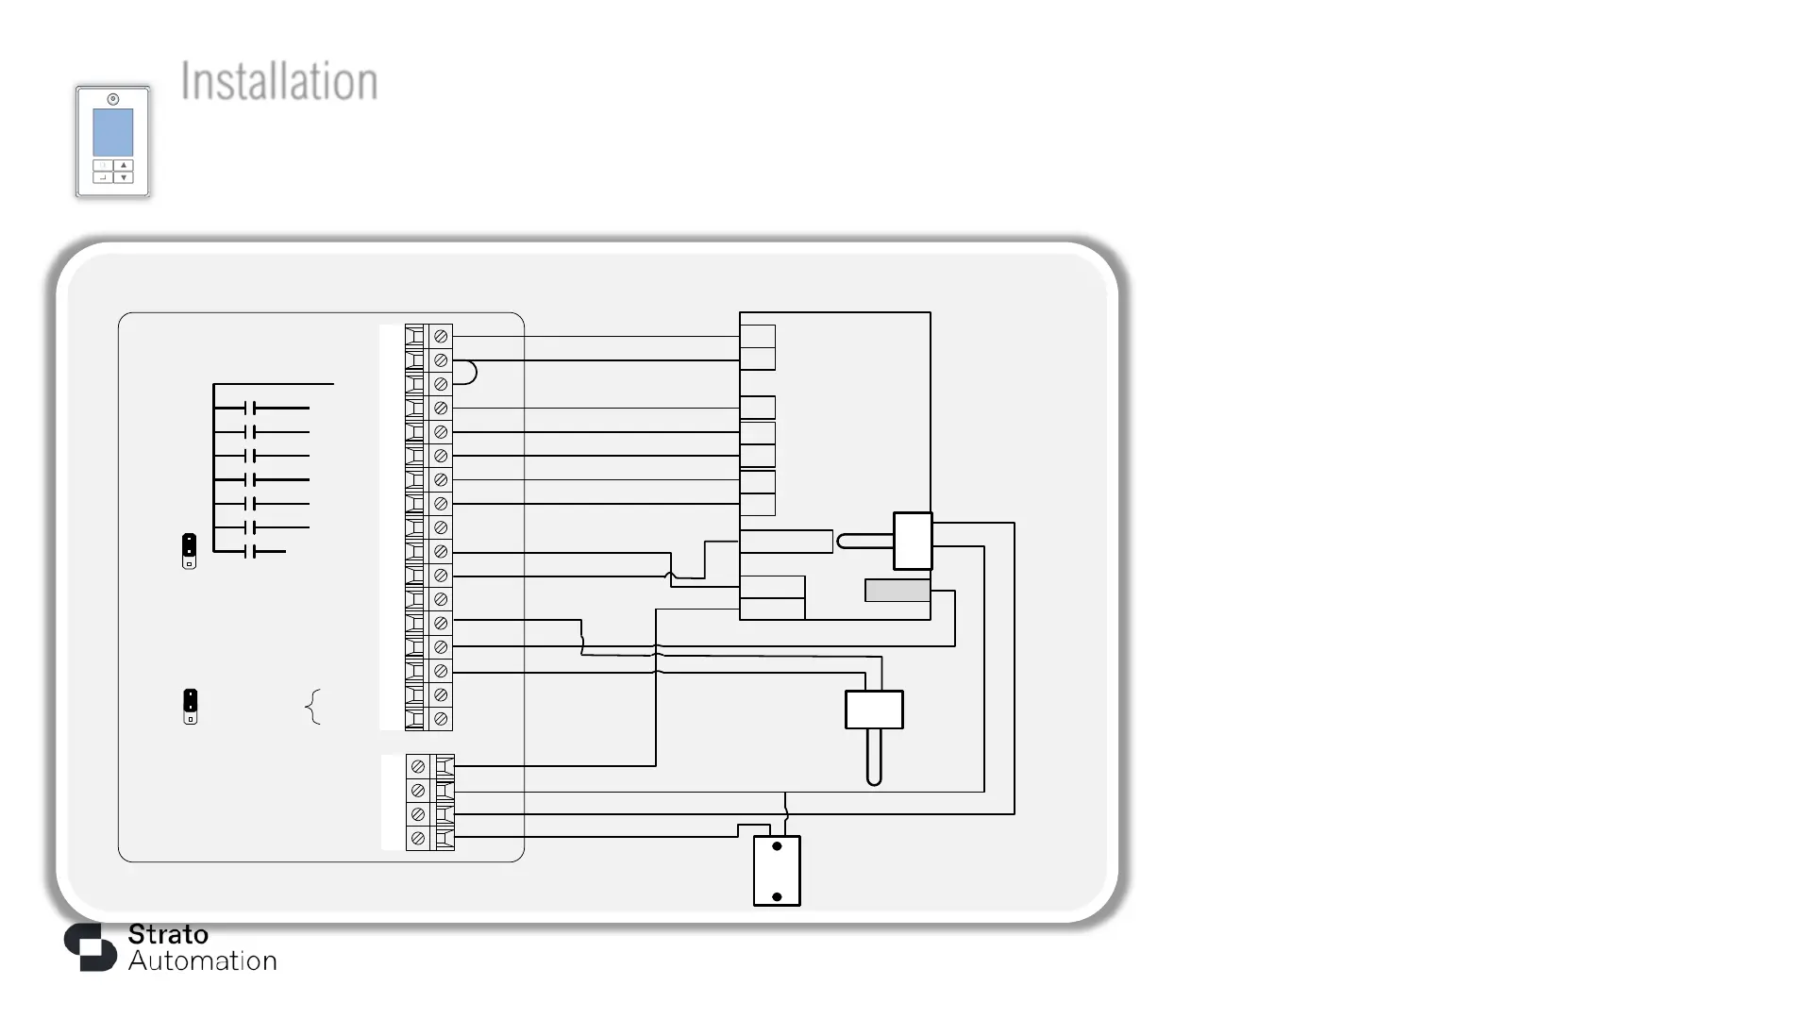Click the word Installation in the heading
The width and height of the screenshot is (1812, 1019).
(279, 81)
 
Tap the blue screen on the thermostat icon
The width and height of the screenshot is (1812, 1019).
(112, 132)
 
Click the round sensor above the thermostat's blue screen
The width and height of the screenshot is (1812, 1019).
(112, 99)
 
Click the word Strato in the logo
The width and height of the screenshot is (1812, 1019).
(168, 934)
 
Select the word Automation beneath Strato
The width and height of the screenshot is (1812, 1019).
(203, 961)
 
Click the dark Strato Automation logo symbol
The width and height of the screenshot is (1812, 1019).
(90, 946)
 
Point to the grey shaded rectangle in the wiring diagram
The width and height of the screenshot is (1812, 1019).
(897, 591)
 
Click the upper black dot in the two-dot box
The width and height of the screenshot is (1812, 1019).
(777, 846)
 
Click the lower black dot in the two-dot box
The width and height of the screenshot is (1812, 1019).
(777, 896)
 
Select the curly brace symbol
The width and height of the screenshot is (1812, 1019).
(313, 707)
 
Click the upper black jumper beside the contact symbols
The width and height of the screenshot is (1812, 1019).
(189, 551)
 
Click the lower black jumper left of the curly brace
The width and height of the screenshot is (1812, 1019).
(190, 706)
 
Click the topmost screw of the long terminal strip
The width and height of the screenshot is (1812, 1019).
(441, 337)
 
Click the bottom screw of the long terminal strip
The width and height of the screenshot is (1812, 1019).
(441, 719)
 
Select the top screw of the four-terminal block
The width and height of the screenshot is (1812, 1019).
(418, 767)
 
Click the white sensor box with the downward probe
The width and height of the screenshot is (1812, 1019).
(874, 710)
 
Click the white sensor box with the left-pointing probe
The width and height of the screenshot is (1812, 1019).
(913, 541)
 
